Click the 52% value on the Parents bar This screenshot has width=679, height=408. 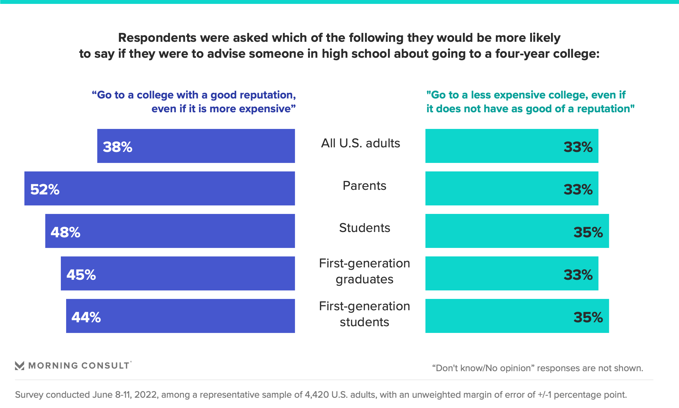point(45,189)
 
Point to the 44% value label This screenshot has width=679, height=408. point(86,317)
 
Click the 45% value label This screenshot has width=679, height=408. point(81,274)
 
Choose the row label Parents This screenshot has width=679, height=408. point(364,186)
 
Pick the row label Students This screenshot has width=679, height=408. point(364,228)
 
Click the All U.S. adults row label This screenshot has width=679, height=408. point(360,143)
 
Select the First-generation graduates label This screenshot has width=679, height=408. point(364,271)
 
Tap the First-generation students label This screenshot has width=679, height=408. point(364,314)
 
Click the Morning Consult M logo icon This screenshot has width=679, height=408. point(19,365)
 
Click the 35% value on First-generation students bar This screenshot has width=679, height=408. point(588,317)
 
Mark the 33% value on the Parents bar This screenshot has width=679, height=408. point(578,189)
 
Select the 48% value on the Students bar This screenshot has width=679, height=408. point(65,232)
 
